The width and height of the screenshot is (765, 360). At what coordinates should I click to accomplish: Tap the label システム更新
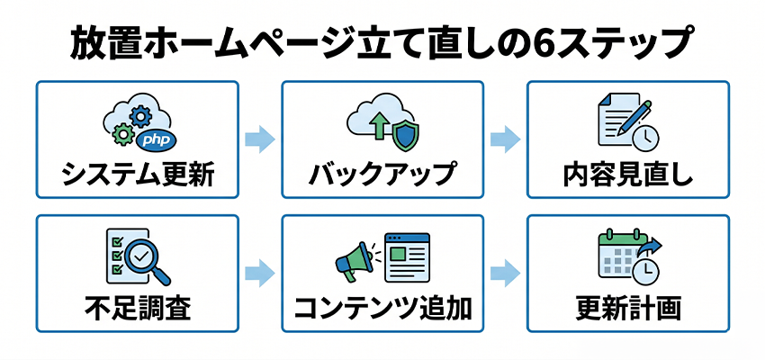(138, 173)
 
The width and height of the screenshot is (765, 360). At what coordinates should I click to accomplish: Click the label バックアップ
(382, 173)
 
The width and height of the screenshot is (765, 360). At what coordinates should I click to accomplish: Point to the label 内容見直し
(627, 173)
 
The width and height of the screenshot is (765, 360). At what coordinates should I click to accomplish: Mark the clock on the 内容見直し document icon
(645, 136)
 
